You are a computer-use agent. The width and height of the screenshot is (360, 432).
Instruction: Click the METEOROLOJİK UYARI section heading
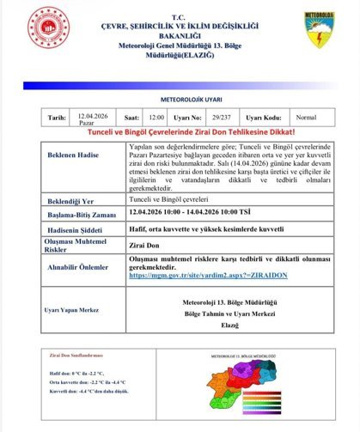tap(180, 99)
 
